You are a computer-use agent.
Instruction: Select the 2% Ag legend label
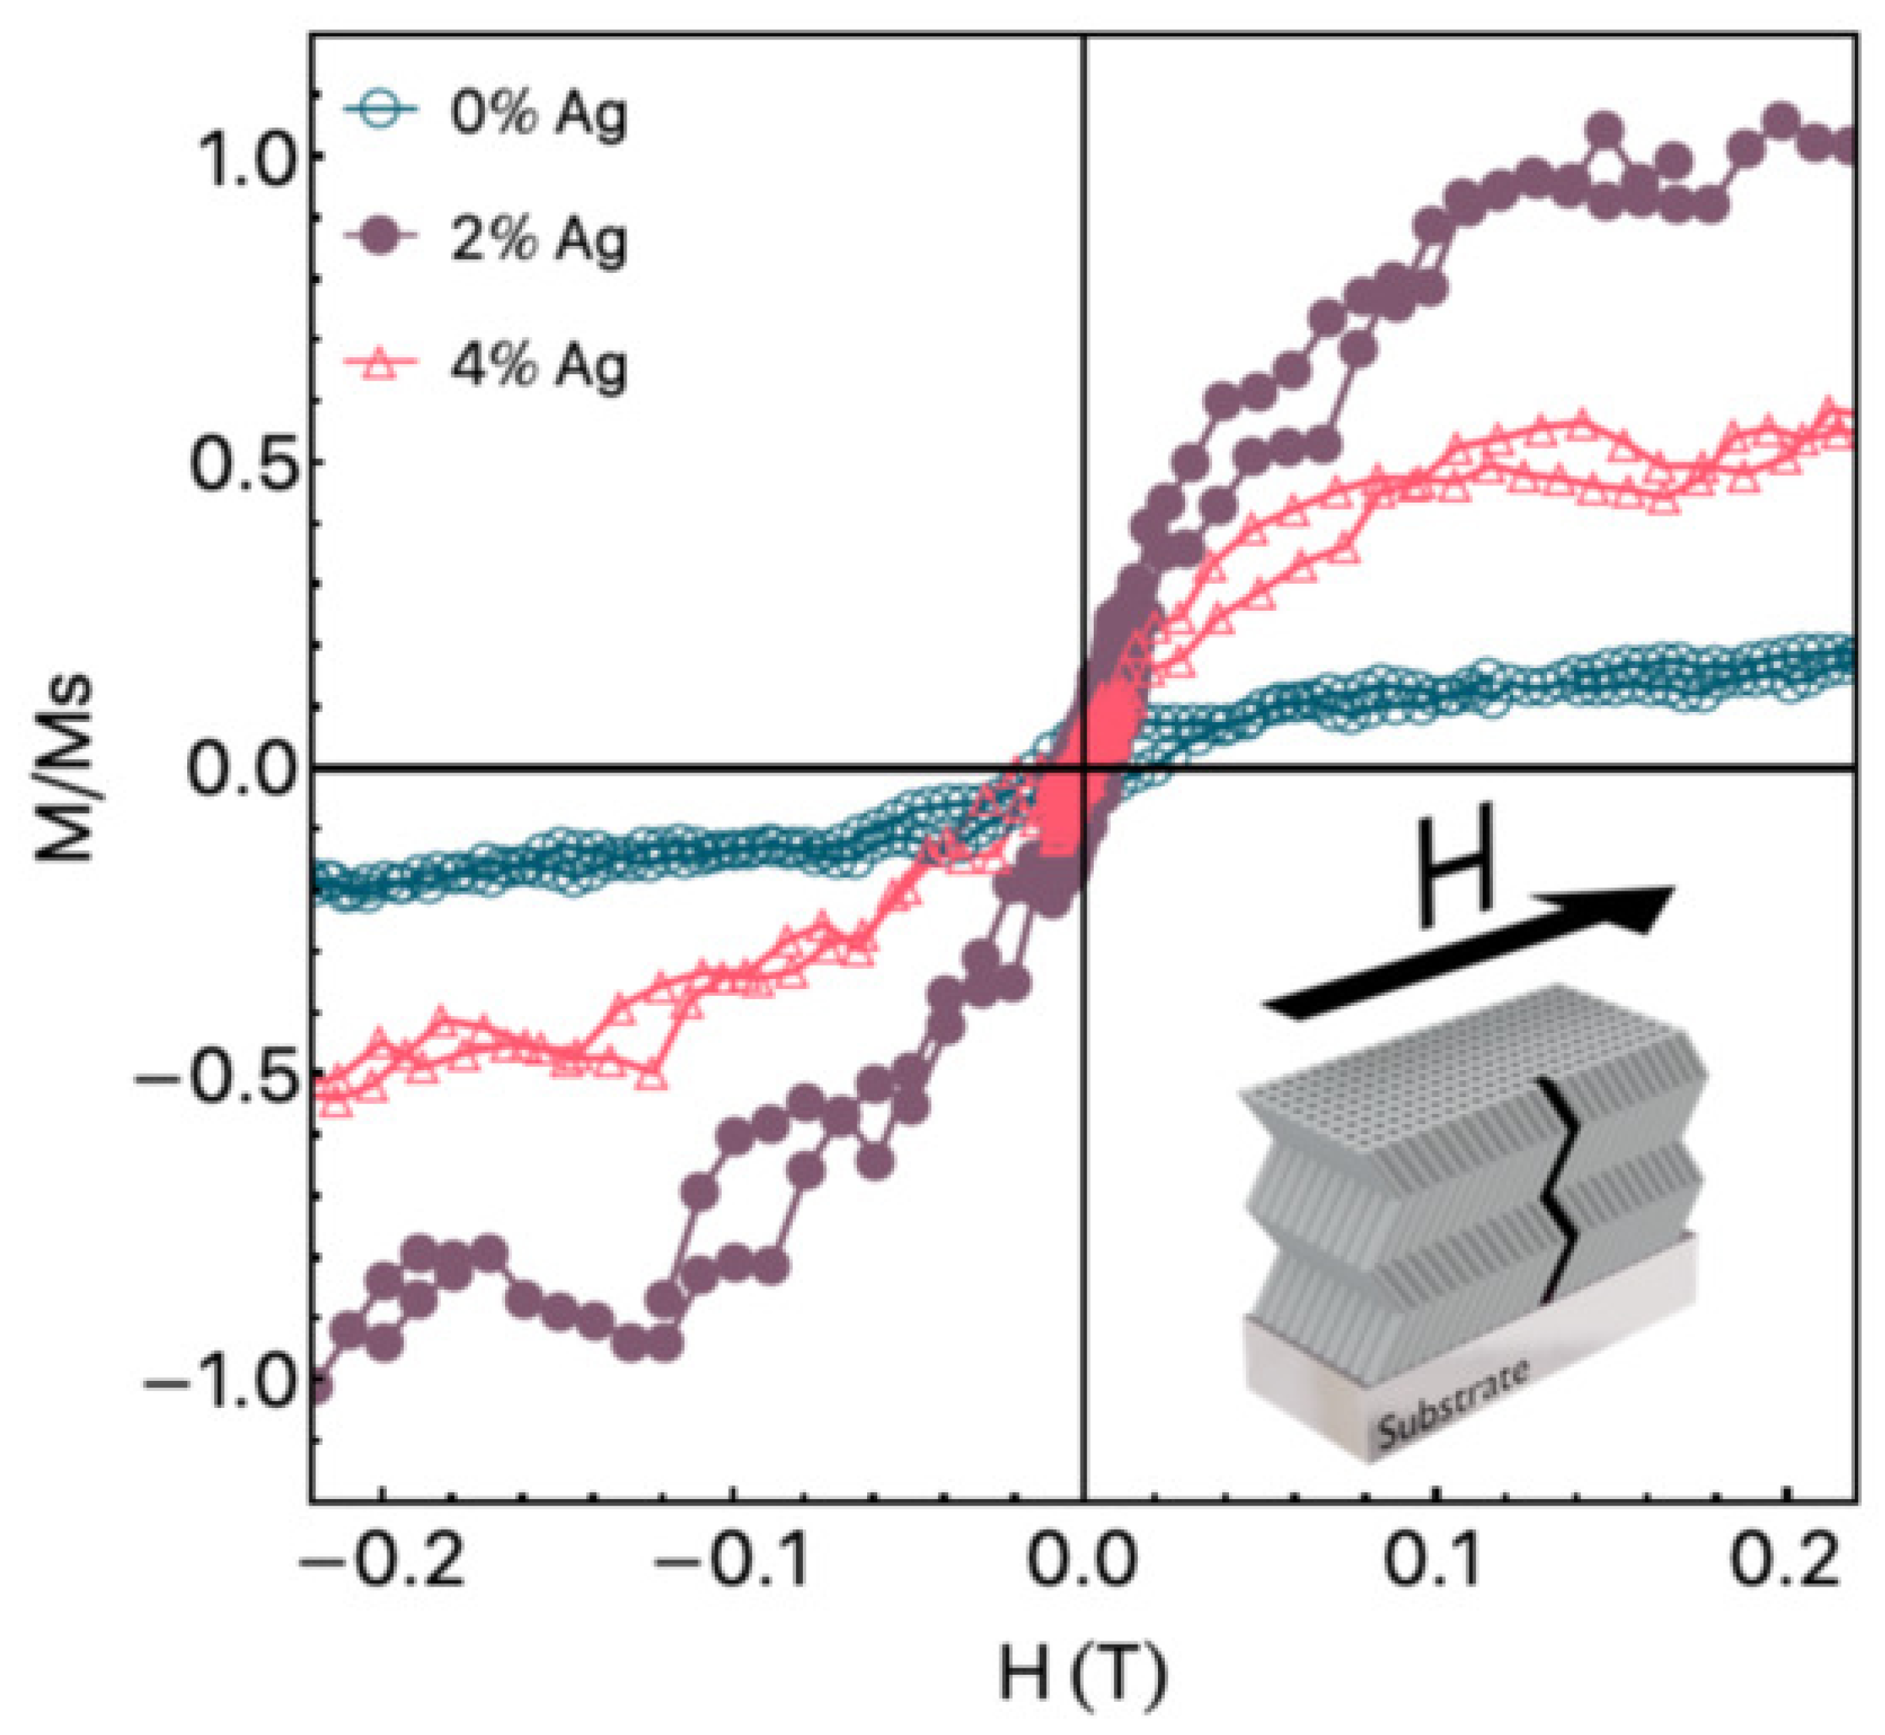pos(538,240)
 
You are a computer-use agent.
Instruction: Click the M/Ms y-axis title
pos(66,768)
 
